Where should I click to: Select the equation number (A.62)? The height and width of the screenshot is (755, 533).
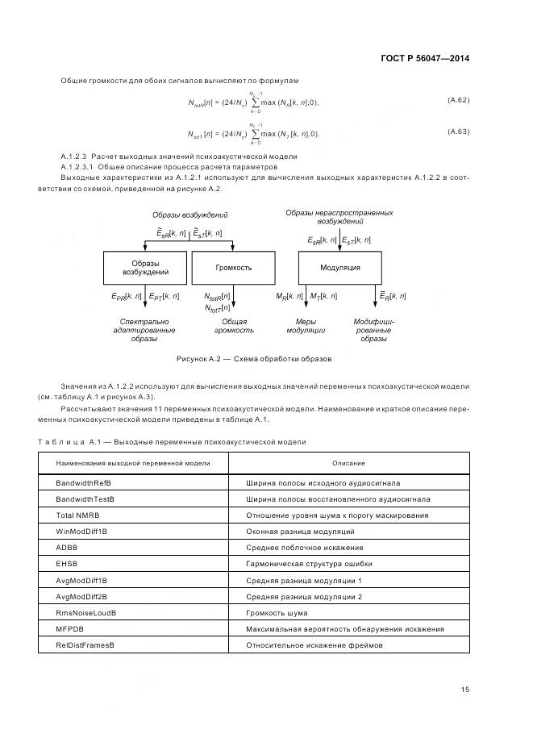[x=458, y=100]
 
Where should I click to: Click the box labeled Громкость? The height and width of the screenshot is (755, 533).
[x=234, y=267]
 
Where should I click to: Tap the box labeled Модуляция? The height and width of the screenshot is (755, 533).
[x=340, y=267]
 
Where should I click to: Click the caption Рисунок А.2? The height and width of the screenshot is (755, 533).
[x=255, y=358]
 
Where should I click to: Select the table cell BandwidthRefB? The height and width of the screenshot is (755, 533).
[x=83, y=483]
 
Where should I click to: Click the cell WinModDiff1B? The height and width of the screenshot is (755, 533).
[x=81, y=531]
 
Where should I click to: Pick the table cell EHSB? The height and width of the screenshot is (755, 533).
[x=67, y=564]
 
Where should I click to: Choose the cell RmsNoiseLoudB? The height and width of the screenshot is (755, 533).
[x=85, y=613]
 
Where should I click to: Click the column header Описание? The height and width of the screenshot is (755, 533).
[x=348, y=463]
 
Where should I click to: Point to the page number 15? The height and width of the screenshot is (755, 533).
[x=465, y=690]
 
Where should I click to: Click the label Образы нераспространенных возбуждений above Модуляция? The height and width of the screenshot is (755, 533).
[x=339, y=216]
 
